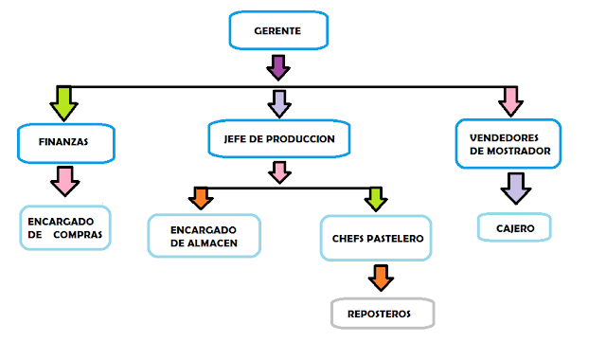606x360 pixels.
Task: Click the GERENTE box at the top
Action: coord(277,31)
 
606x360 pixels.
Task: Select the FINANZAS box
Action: coord(65,142)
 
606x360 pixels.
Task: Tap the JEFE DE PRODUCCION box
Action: coord(278,138)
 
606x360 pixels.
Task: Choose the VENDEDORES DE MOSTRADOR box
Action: coord(508,143)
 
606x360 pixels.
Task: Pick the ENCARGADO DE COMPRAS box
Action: coord(65,227)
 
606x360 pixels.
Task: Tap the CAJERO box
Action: coord(512,227)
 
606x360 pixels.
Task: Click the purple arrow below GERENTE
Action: coord(277,67)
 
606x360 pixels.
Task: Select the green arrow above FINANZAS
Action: coord(64,102)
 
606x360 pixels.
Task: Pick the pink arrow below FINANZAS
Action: coord(64,179)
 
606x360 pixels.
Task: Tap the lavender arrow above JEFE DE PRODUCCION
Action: coord(278,102)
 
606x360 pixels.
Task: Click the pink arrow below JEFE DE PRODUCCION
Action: coord(278,171)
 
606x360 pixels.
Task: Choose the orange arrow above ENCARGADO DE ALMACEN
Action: coord(201,197)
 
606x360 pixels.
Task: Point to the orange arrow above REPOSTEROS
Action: coord(380,277)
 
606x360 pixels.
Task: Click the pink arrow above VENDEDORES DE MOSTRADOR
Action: coord(509,99)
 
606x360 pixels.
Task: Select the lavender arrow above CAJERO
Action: coord(512,187)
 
